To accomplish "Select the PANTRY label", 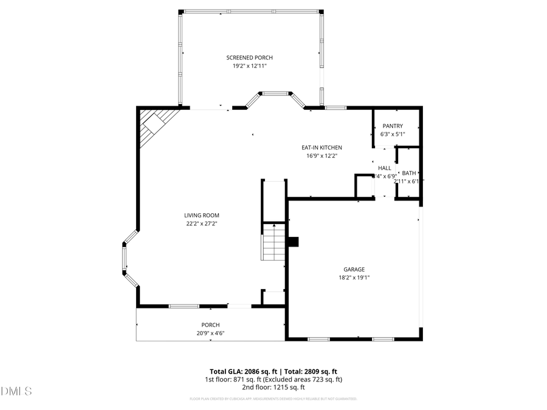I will tap(392, 126).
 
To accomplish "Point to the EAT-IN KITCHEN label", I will tap(322, 148).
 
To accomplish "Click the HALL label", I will tap(384, 168).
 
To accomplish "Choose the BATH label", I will tap(408, 173).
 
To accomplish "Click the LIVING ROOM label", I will tap(202, 215).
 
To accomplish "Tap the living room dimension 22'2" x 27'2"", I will tap(202, 224).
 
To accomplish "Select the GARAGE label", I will tap(354, 269).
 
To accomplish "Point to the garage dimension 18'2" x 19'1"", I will tap(354, 278).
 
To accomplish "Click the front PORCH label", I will tap(210, 325).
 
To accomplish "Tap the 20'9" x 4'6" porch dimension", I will tap(210, 333).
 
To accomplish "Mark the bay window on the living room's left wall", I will tap(126, 258).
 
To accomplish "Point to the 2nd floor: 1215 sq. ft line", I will tap(273, 387).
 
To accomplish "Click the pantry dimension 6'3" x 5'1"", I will tap(392, 134).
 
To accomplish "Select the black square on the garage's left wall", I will tap(293, 242).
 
